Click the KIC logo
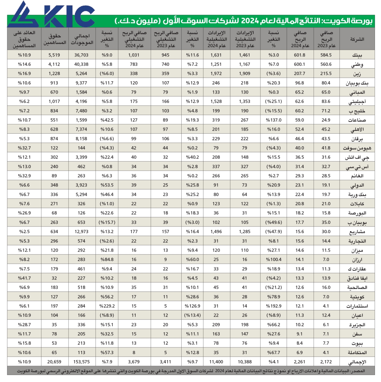(51, 15)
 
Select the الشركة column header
(357, 39)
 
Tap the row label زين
(357, 74)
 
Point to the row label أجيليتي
(357, 102)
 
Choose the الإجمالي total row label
(357, 362)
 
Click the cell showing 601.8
(299, 55)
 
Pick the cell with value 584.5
(326, 55)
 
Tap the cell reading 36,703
(81, 55)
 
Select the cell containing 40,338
(81, 64)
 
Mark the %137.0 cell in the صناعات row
(274, 120)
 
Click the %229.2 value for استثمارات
(107, 306)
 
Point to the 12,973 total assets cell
(81, 232)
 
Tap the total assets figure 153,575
(81, 362)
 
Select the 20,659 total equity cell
(54, 362)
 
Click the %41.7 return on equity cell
(24, 278)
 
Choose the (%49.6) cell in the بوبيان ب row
(274, 222)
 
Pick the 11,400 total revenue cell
(216, 362)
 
